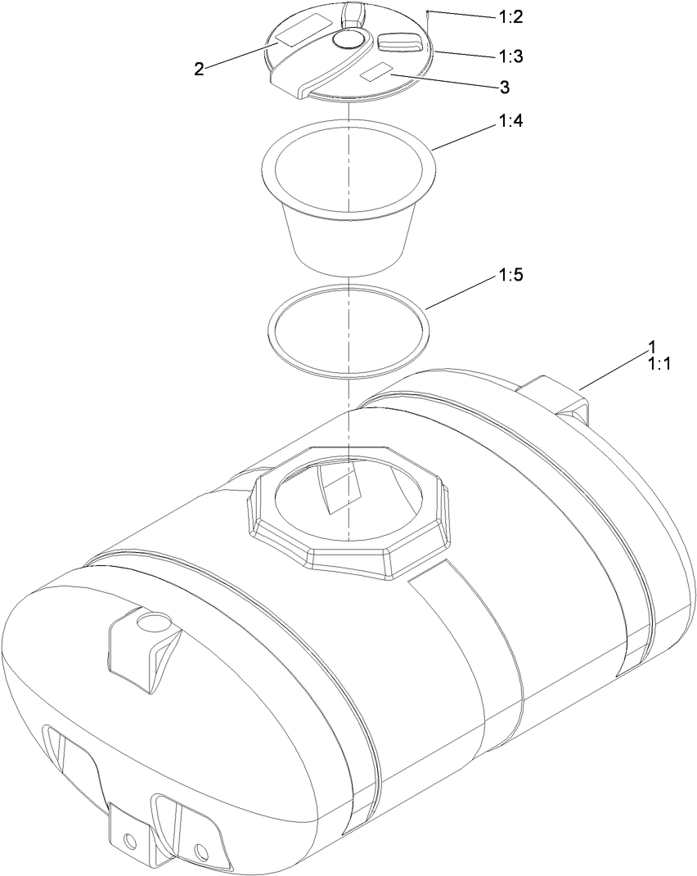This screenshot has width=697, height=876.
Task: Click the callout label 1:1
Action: click(x=659, y=364)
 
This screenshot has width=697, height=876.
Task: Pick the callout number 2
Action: click(x=199, y=69)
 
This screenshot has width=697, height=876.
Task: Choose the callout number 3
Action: click(x=504, y=86)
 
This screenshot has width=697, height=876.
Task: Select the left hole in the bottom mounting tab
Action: click(x=129, y=840)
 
